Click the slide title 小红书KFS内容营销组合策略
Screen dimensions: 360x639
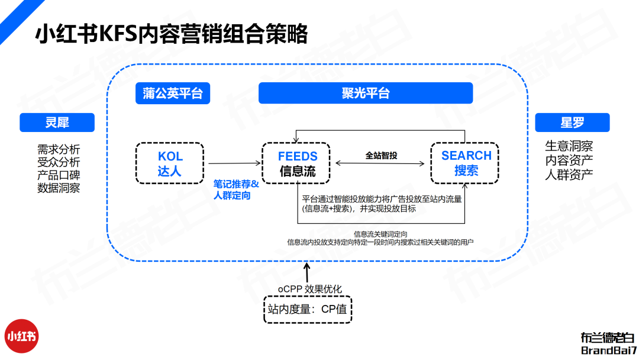(172, 34)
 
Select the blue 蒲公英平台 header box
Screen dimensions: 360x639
(173, 93)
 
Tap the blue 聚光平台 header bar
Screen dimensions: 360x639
(366, 93)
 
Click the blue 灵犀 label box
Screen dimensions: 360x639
(57, 123)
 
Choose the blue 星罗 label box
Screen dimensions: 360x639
(572, 123)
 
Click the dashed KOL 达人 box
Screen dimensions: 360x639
(170, 163)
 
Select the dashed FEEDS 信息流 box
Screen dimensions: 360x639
(298, 163)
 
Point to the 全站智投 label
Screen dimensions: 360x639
(381, 155)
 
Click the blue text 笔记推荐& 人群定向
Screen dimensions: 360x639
(235, 189)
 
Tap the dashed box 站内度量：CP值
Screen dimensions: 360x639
(308, 308)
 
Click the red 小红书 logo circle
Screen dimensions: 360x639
(22, 336)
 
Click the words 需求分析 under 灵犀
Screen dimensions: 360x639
(59, 149)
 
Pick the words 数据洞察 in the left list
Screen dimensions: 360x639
(59, 188)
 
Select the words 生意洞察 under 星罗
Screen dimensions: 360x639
(569, 146)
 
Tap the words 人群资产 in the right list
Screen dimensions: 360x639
(569, 174)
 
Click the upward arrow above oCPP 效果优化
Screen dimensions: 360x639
(306, 272)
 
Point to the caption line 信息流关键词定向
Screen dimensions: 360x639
(380, 234)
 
